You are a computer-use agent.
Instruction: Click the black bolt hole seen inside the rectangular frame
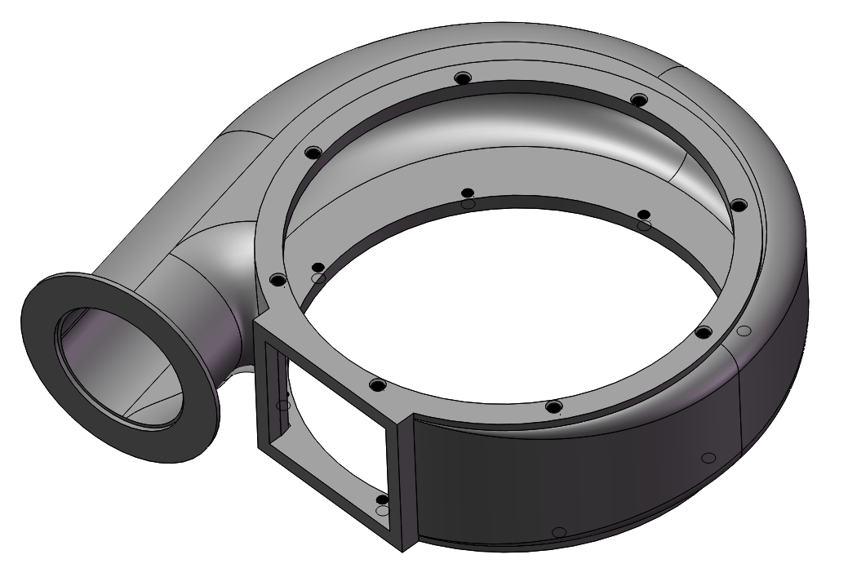tap(381, 499)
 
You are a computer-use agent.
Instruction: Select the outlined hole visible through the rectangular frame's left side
tap(283, 405)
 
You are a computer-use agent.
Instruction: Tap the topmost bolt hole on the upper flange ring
tap(463, 78)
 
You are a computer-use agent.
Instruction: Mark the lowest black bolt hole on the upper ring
tap(553, 406)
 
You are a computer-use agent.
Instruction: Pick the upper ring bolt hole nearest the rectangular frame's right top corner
tap(376, 384)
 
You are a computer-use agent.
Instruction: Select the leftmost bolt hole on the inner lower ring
tap(318, 268)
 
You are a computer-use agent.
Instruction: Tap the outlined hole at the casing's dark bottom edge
tap(558, 532)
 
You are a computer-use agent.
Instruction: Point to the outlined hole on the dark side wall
tap(708, 457)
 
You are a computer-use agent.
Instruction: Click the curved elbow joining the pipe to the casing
tap(216, 269)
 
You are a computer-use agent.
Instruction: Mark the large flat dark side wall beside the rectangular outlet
tap(571, 473)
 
